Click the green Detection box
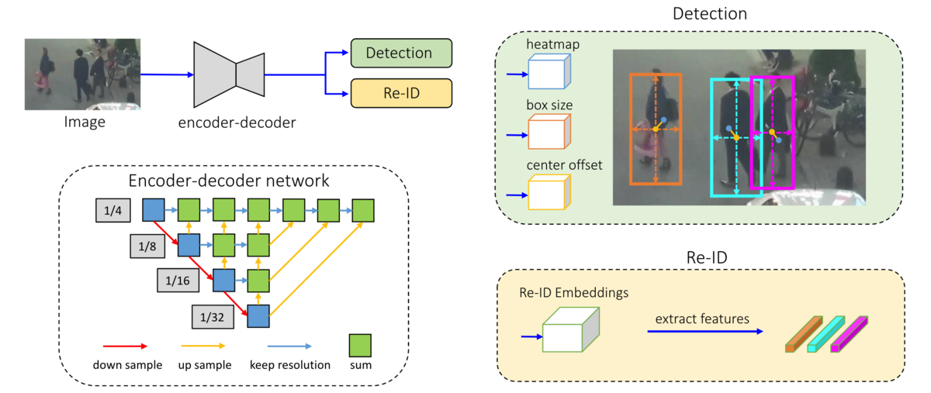tap(400, 53)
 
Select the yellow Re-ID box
tap(400, 93)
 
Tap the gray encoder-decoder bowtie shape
tap(229, 74)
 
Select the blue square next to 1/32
tap(258, 315)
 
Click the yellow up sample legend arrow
tap(203, 346)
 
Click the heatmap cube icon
tap(549, 74)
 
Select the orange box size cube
tap(549, 133)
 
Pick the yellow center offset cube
tap(549, 192)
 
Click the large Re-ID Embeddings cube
tap(570, 333)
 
